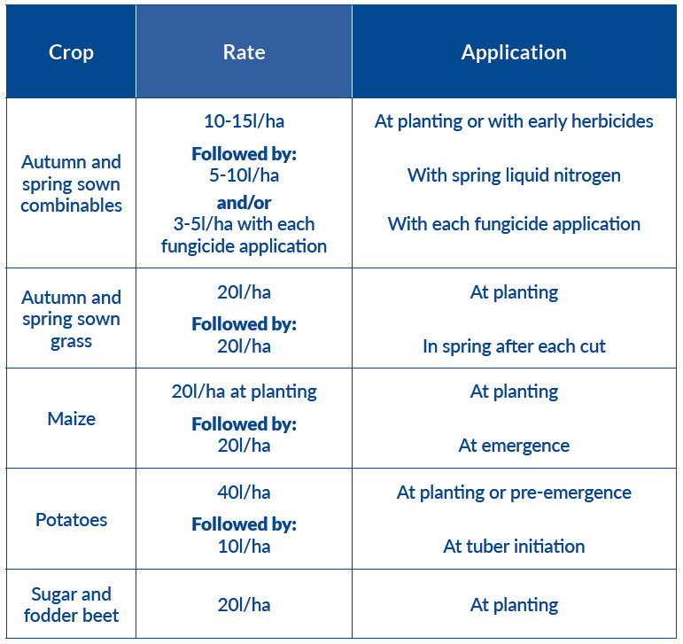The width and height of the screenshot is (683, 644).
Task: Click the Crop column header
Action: (x=71, y=52)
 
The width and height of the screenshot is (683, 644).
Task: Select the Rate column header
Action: (x=244, y=52)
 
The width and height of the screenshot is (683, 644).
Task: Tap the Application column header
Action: (x=514, y=52)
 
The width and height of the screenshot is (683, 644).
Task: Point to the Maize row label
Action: (x=71, y=418)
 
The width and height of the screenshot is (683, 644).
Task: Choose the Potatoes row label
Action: (x=71, y=519)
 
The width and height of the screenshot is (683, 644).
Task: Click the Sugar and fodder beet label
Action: (x=71, y=605)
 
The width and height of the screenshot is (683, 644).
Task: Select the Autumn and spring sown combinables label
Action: (x=71, y=183)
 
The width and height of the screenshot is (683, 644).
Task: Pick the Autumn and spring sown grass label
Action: (x=71, y=319)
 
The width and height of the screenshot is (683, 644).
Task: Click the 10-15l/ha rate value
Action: (x=244, y=121)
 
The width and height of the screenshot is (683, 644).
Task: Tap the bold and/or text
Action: (x=244, y=203)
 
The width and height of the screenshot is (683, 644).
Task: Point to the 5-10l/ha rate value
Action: (x=244, y=175)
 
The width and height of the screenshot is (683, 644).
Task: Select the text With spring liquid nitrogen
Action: (x=514, y=175)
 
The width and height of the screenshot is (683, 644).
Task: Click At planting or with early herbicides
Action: (x=514, y=121)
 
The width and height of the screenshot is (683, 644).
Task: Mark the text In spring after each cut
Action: (x=514, y=346)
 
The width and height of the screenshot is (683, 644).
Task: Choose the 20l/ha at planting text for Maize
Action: (x=244, y=392)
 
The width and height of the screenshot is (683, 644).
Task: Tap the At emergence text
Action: (x=514, y=446)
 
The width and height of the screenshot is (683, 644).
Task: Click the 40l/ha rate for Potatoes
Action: (x=244, y=493)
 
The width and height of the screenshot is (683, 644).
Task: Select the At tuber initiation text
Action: (x=514, y=547)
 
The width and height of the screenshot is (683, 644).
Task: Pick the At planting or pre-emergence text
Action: (x=514, y=493)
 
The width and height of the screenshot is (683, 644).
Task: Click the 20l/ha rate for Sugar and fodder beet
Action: (x=244, y=605)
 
